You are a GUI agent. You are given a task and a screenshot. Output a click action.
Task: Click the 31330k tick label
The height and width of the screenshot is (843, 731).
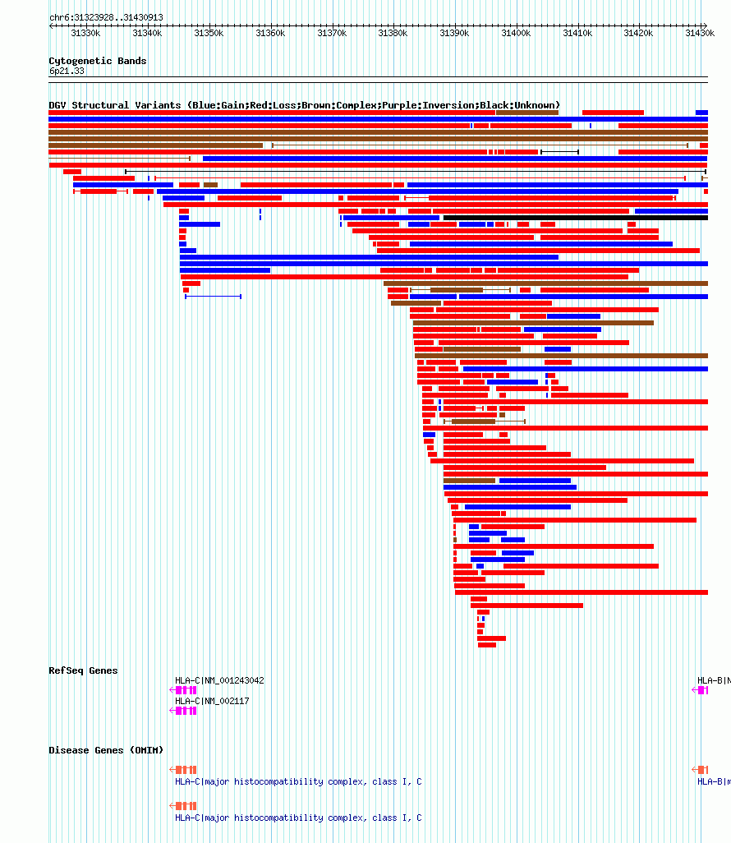click(85, 33)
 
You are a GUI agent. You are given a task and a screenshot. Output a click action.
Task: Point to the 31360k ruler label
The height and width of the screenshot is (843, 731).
click(270, 33)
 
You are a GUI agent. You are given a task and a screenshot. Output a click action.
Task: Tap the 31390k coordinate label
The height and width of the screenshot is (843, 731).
click(454, 33)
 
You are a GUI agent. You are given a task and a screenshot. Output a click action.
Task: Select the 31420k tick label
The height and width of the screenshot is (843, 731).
click(638, 33)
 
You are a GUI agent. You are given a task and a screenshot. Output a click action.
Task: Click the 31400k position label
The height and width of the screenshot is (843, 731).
click(516, 33)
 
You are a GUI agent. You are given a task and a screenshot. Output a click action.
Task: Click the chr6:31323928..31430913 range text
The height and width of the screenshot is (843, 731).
click(106, 17)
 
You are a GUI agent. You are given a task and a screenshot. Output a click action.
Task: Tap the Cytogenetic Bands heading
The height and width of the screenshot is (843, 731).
click(97, 61)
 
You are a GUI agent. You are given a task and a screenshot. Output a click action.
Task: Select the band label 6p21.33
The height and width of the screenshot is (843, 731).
click(67, 71)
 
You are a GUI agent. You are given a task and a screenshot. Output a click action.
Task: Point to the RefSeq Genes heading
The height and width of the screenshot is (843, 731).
click(83, 670)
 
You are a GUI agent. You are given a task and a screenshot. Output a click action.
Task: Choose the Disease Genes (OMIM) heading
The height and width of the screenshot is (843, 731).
click(106, 750)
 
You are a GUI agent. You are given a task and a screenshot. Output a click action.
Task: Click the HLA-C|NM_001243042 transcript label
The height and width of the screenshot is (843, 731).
click(219, 680)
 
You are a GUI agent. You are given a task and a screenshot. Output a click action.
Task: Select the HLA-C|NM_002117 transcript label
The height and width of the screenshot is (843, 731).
click(211, 701)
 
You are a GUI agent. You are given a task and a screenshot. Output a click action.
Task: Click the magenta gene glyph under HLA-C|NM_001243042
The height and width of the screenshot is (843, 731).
click(186, 690)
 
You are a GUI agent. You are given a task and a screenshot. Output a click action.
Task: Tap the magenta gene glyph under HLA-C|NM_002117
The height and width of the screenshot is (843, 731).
click(186, 711)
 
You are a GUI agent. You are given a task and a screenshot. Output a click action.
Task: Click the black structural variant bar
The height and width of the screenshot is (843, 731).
click(575, 218)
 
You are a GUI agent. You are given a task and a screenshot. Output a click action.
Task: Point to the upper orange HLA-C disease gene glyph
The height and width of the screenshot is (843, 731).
click(186, 770)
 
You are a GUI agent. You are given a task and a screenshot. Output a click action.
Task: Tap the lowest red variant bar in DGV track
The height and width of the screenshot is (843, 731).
click(487, 645)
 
